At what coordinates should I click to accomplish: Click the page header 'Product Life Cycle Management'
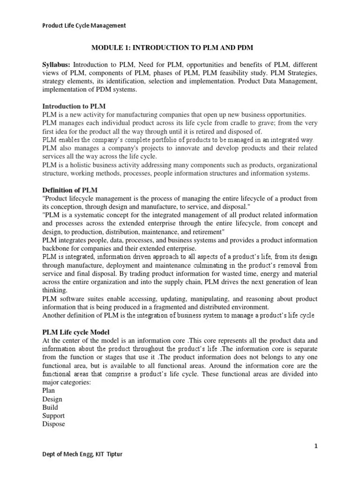(84, 26)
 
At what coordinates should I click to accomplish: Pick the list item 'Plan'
(49, 390)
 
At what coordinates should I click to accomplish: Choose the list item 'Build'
(50, 407)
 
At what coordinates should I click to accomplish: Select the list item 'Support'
(53, 416)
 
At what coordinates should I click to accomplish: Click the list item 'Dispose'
(54, 424)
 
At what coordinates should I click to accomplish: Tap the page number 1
(316, 446)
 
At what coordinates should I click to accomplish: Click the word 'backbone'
(57, 248)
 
